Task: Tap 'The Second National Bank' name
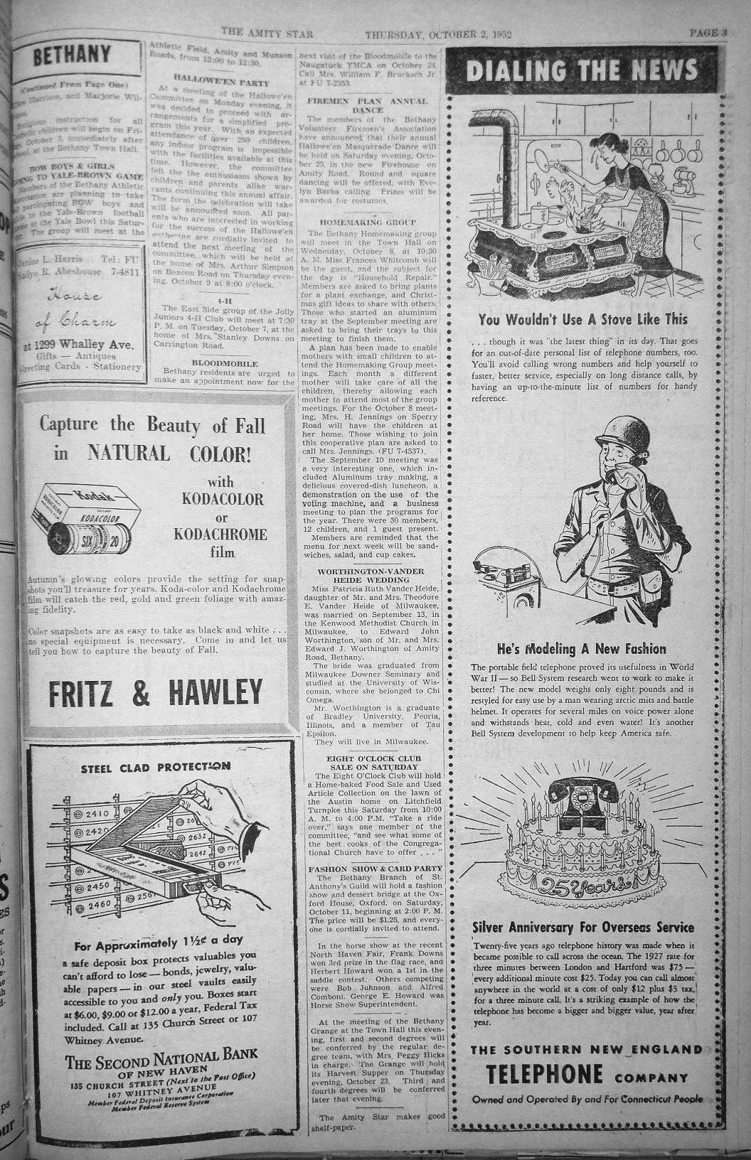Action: (161, 1062)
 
